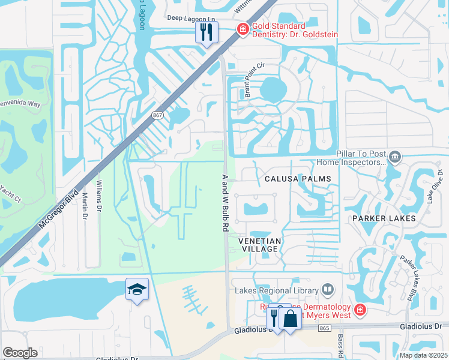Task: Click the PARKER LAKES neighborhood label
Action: tap(384, 218)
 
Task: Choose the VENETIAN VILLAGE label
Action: tap(259, 244)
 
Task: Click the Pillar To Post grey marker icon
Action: tap(395, 158)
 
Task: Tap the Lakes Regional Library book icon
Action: tap(327, 290)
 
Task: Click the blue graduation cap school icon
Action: tap(136, 290)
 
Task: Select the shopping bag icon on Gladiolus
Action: tap(290, 318)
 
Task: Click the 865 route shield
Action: tap(325, 328)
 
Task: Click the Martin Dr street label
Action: tap(85, 209)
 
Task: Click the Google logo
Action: tap(20, 353)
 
